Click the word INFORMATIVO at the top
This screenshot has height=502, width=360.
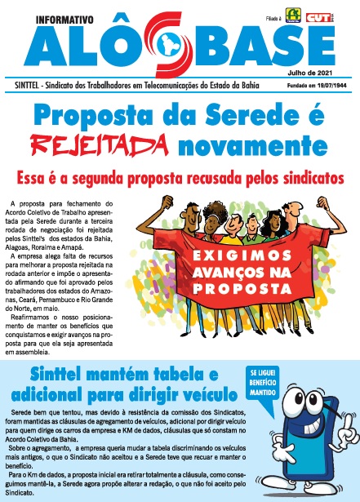pyautogui.click(x=53, y=14)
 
